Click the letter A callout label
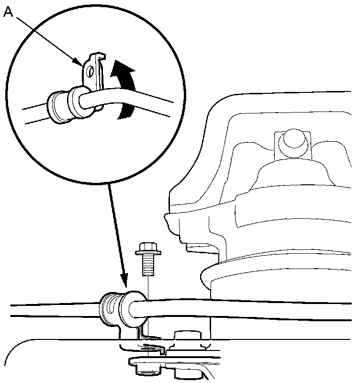pos(8,13)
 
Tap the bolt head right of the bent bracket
pos(187,338)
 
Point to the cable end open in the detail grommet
pos(86,101)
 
